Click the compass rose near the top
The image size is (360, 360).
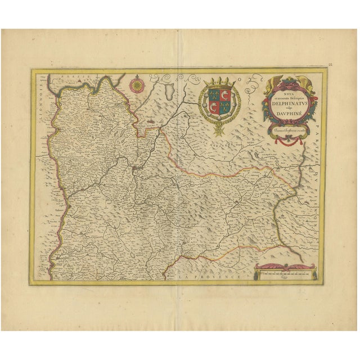[x=136, y=86]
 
